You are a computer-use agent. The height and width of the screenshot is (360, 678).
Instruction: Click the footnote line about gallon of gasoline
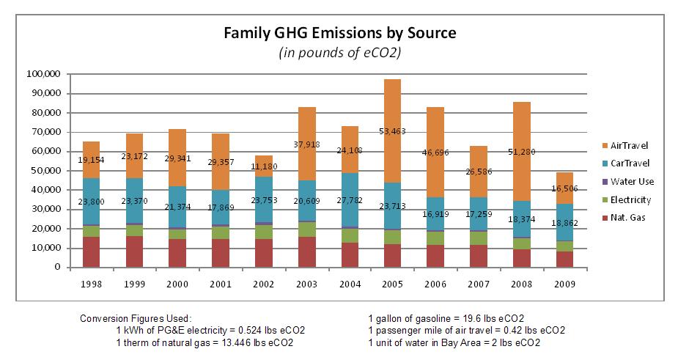(446, 319)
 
